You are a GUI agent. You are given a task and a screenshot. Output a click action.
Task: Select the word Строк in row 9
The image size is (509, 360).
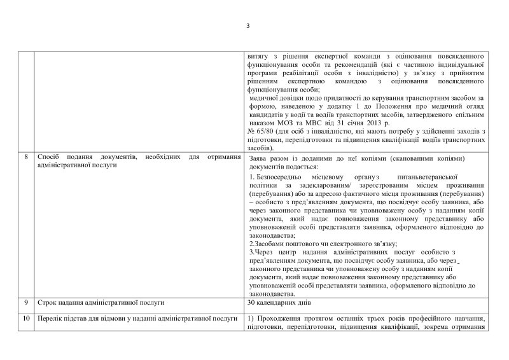[x=48, y=303]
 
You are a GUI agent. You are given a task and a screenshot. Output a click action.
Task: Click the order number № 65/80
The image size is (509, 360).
[x=259, y=130]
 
